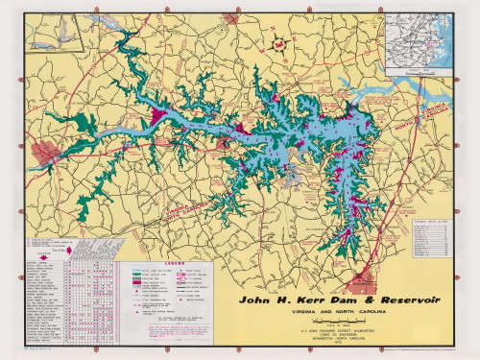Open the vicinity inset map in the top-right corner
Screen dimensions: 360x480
point(417,42)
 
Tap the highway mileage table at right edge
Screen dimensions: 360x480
point(430,236)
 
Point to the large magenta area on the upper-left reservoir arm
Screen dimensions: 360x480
point(156,117)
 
